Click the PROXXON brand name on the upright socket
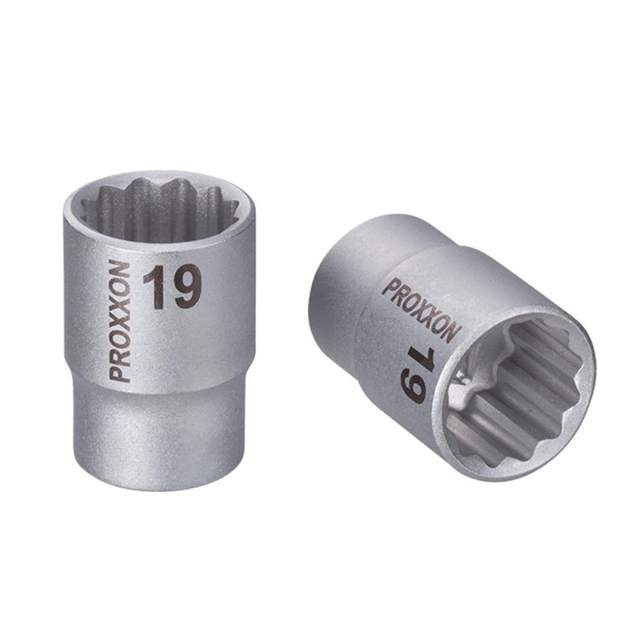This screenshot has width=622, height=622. [x=120, y=322]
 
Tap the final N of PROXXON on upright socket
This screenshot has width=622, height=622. [x=120, y=269]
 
